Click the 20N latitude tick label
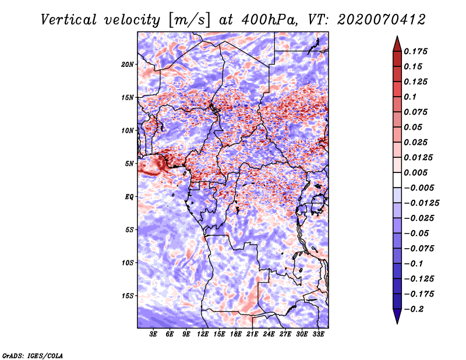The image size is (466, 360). tap(128, 65)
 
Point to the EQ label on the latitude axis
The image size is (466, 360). tap(129, 197)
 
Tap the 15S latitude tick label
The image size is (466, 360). tap(128, 296)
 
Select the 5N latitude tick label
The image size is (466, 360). tap(129, 164)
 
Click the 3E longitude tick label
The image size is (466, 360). tap(153, 334)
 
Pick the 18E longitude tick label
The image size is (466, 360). tap(236, 334)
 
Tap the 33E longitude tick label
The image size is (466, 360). tap(318, 334)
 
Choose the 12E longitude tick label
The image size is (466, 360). tap(203, 334)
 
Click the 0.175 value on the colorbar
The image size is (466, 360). tap(415, 51)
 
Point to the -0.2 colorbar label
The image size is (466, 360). tap(414, 309)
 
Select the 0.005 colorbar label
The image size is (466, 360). tap(415, 172)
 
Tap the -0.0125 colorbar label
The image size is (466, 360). tap(421, 203)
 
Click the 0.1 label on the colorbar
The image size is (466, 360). tap(410, 97)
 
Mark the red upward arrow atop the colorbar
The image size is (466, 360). tap(397, 44)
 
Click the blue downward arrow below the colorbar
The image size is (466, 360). tap(397, 316)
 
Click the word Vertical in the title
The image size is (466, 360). tap(69, 20)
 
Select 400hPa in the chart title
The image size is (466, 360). tap(269, 20)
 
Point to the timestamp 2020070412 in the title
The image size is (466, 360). tap(382, 20)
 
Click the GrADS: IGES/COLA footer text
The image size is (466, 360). tap(33, 355)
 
